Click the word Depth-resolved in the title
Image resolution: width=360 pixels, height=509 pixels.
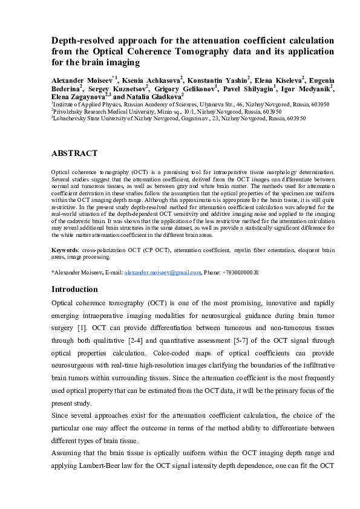point(83,40)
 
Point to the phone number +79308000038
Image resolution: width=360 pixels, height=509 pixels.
point(240,273)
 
